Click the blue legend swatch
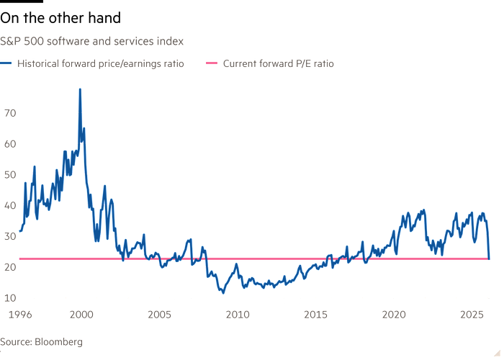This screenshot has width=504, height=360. [8, 64]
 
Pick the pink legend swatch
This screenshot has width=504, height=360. [212, 64]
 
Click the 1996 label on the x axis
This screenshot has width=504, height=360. [19, 315]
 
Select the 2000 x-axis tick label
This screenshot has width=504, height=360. [81, 315]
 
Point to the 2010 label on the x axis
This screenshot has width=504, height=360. [238, 315]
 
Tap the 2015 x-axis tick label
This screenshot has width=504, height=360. [315, 315]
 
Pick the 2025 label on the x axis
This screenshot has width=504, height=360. [472, 315]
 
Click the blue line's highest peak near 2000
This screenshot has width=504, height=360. [80, 89]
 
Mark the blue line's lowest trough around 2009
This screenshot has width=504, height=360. [222, 292]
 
